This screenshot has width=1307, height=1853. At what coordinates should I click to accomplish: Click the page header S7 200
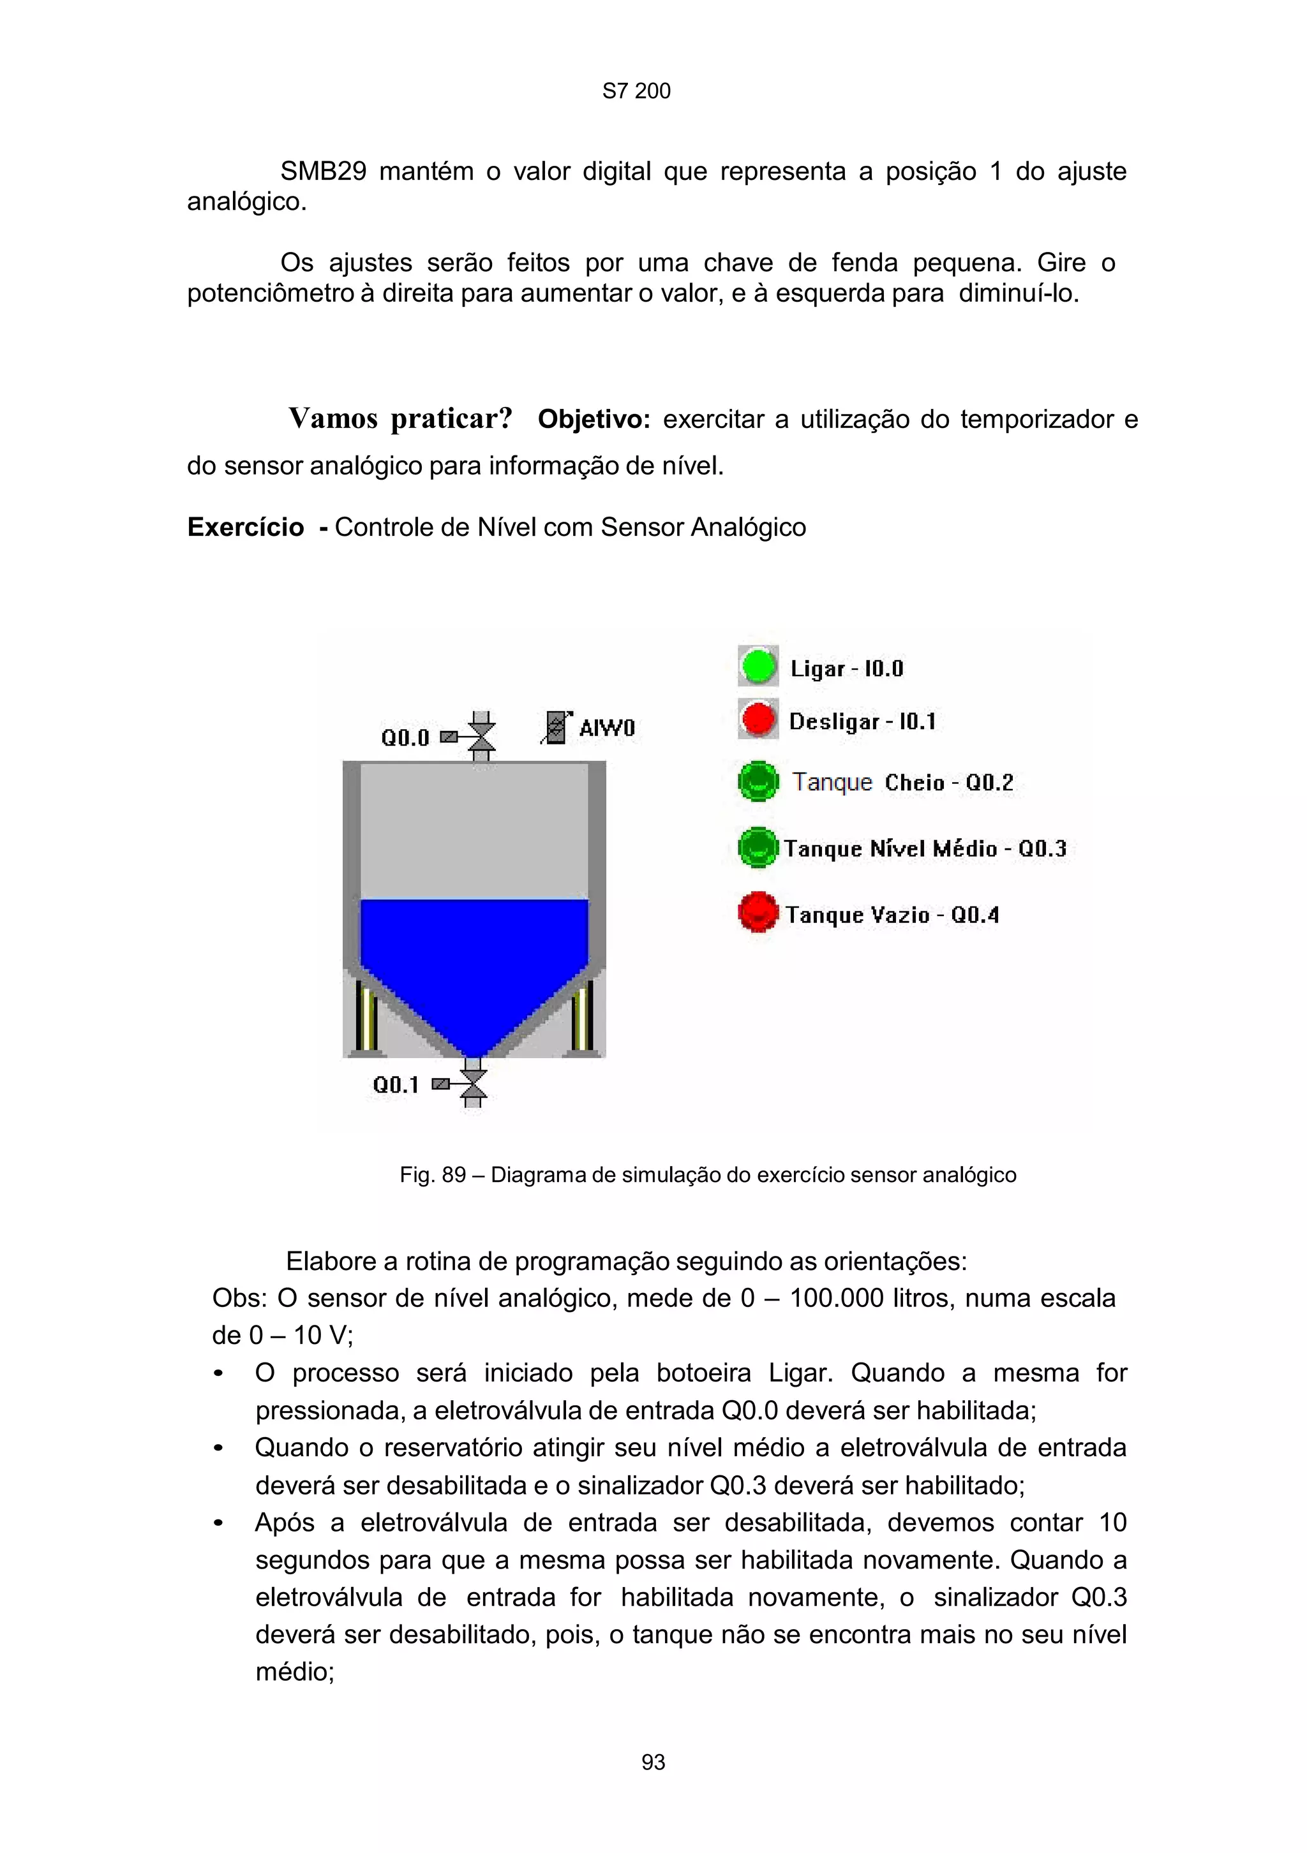(636, 91)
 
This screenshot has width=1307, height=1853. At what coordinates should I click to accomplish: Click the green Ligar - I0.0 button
(758, 666)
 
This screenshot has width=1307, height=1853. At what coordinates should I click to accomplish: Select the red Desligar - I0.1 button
(758, 718)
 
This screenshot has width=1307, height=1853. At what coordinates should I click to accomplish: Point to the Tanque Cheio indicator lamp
(758, 781)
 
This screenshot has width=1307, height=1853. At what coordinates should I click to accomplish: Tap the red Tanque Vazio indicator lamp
(758, 912)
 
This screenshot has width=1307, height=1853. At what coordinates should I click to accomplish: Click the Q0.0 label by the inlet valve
(405, 737)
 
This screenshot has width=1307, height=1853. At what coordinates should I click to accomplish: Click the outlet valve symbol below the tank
(474, 1084)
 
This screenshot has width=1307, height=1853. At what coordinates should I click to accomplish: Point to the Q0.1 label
(396, 1084)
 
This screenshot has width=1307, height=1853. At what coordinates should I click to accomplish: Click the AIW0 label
(607, 728)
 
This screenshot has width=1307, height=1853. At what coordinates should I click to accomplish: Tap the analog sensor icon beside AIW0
(555, 727)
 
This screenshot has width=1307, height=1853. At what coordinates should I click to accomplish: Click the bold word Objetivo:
(594, 420)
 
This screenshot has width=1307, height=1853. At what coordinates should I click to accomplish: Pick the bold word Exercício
(246, 527)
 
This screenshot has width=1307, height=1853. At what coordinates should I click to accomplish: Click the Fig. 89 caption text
(707, 1174)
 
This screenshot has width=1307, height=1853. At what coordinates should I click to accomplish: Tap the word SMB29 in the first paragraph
(323, 171)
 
